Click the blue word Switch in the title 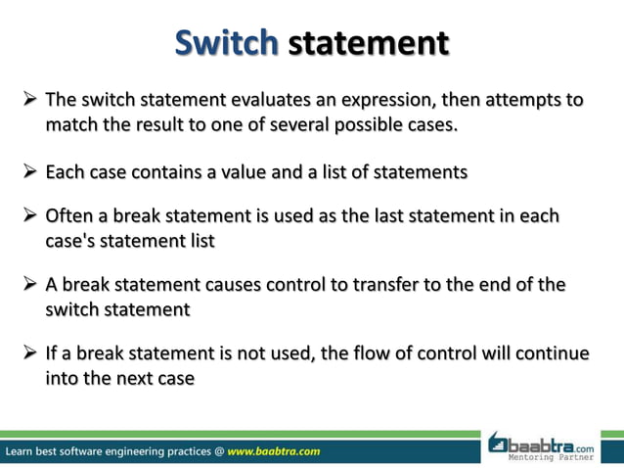tap(227, 43)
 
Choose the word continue tap(553, 352)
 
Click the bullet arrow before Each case tap(28, 173)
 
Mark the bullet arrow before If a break tap(28, 353)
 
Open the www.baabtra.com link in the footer tap(273, 451)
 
